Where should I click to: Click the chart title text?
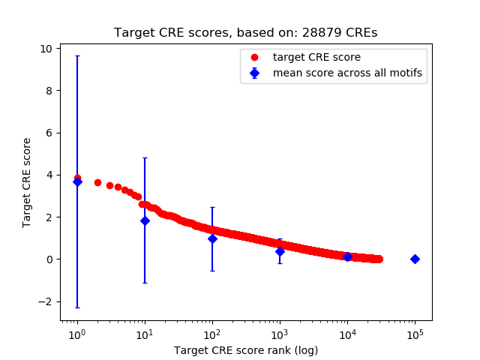coord(245,33)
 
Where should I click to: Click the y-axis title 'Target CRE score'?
coord(27,182)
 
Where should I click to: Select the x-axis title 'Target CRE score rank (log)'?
coord(246,350)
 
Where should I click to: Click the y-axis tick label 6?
coord(49,133)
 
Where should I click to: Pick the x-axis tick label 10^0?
coord(76,334)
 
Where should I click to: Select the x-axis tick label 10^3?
coord(280,334)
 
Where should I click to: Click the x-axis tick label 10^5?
coord(415,334)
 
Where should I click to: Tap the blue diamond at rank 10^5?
coord(415,259)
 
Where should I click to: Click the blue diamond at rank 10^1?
coord(145,220)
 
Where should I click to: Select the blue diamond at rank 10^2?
coord(212,238)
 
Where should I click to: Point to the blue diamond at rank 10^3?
coord(280,251)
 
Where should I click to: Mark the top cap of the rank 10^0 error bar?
coord(76,56)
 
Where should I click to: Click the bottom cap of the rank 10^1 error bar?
coord(145,283)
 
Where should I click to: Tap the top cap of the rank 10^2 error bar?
coord(212,208)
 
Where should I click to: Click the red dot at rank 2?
coord(97,182)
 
